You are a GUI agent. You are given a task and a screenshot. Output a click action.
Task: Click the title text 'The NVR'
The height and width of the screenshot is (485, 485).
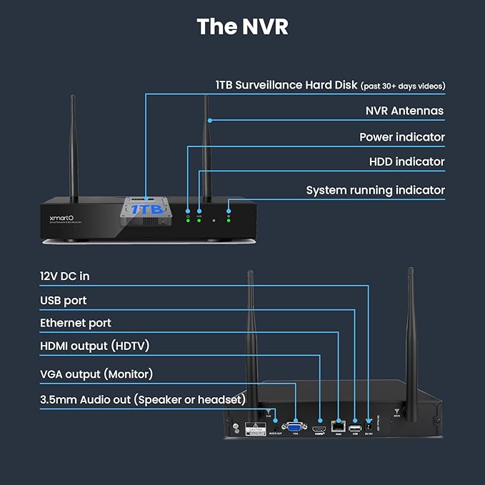pyautogui.click(x=242, y=26)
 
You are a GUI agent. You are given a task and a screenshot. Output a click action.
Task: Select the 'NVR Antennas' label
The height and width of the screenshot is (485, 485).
pyautogui.click(x=404, y=111)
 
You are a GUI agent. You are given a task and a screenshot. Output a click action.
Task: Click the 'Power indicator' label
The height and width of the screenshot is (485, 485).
pyautogui.click(x=401, y=136)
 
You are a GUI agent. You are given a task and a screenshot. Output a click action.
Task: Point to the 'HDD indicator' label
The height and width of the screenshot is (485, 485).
pyautogui.click(x=406, y=162)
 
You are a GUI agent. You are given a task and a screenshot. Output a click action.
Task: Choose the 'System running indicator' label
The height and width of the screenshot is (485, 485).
pyautogui.click(x=375, y=190)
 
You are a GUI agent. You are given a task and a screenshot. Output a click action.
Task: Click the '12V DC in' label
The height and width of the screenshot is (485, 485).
pyautogui.click(x=65, y=276)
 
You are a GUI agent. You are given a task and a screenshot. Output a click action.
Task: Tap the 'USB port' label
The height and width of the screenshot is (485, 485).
pyautogui.click(x=64, y=301)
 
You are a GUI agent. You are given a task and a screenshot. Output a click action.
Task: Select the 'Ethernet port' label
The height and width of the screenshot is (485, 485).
pyautogui.click(x=76, y=323)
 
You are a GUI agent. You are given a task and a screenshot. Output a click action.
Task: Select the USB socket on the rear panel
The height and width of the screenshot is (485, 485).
pyautogui.click(x=354, y=428)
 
